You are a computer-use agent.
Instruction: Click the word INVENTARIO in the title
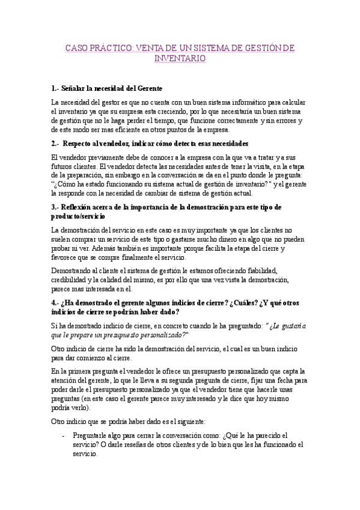point(180,58)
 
